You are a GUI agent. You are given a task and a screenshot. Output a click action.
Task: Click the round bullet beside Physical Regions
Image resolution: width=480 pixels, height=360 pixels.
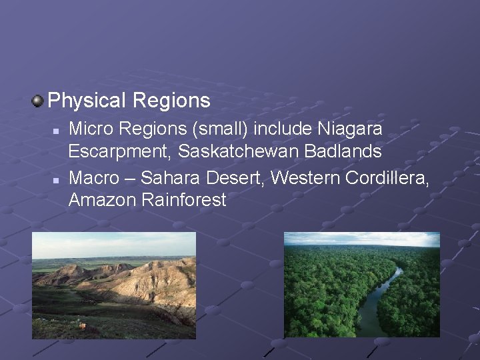[38, 101]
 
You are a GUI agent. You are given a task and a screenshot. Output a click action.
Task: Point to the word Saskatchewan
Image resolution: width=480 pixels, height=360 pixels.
[239, 151]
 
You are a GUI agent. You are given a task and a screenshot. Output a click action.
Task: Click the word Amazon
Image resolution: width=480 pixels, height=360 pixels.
[101, 200]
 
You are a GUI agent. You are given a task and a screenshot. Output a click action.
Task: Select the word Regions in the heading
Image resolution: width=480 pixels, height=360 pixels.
[171, 101]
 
